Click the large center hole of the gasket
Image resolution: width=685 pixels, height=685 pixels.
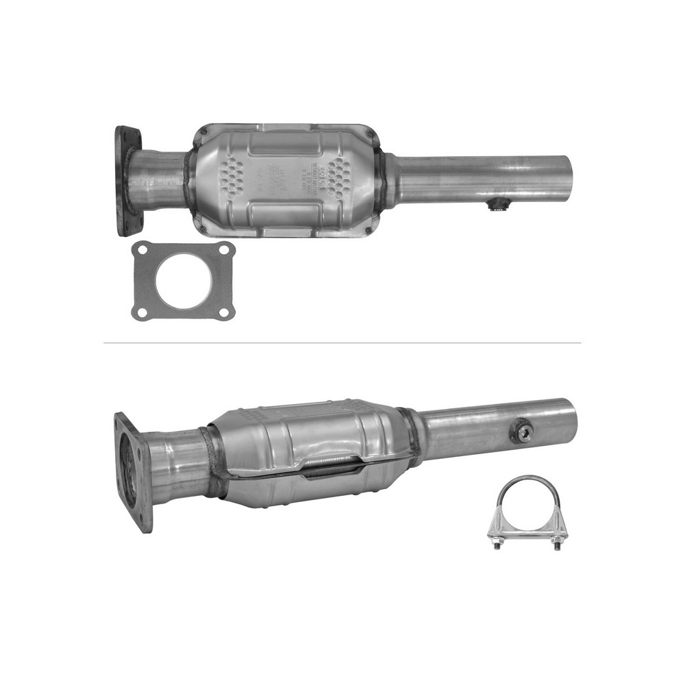click(x=183, y=280)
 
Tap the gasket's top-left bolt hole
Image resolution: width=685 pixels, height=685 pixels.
click(x=142, y=251)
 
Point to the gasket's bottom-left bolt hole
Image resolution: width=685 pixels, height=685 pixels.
click(x=142, y=312)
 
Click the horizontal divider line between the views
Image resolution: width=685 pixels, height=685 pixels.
click(x=342, y=342)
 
